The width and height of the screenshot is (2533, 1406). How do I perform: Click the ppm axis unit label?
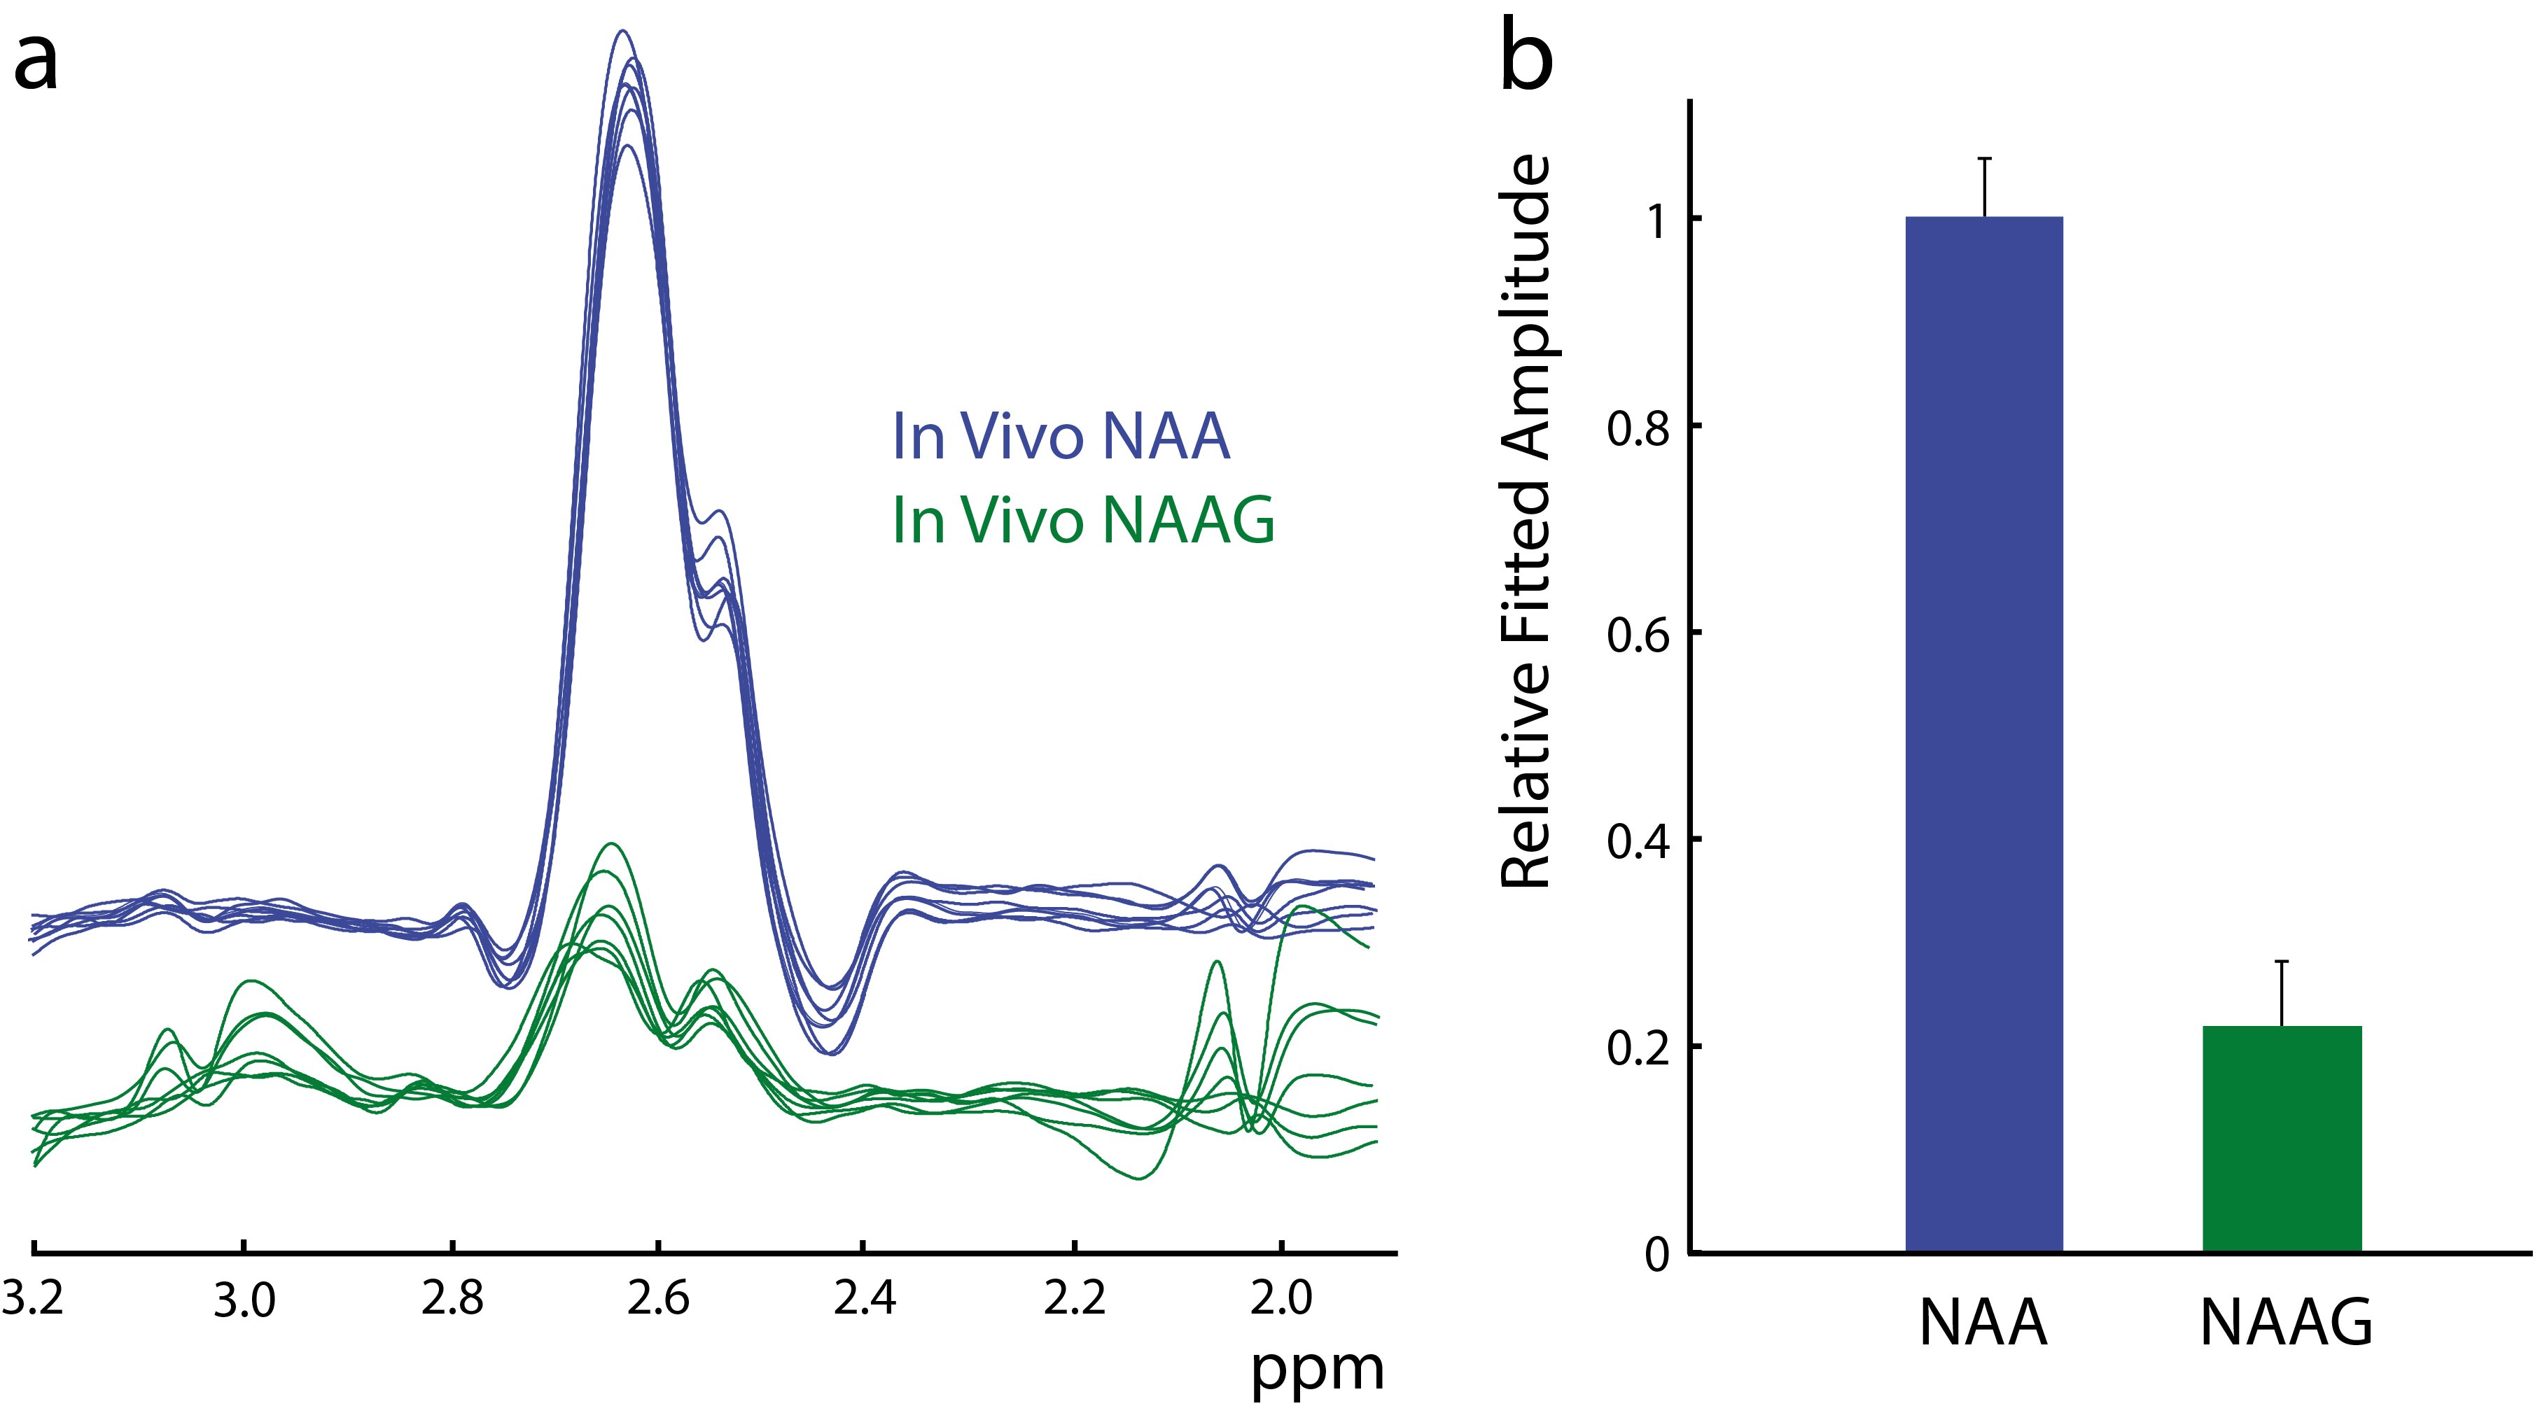1317,1369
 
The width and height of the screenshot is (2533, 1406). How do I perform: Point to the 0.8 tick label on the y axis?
1638,429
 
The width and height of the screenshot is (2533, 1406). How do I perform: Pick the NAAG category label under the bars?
2286,1323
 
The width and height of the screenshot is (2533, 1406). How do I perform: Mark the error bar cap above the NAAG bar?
2281,962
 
